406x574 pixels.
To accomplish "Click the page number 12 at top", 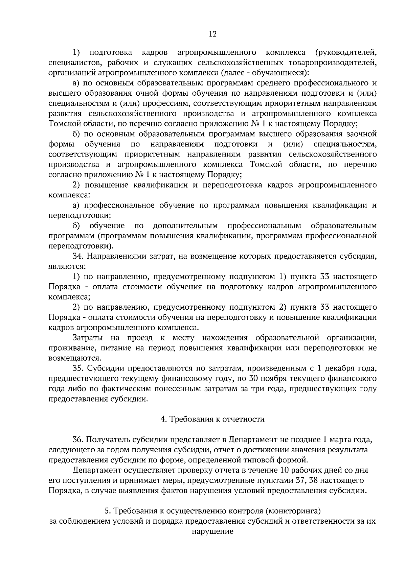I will (x=212, y=34).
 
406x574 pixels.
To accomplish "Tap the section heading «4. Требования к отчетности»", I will (x=212, y=419).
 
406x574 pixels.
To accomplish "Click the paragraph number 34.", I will (x=77, y=256).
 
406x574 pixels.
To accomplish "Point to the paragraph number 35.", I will (x=77, y=368).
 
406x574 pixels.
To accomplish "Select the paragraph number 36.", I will (x=77, y=440).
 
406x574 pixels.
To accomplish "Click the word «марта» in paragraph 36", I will (x=341, y=440).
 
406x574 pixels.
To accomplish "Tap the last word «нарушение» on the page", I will (x=212, y=531).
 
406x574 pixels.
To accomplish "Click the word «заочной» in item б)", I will (x=362, y=134).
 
